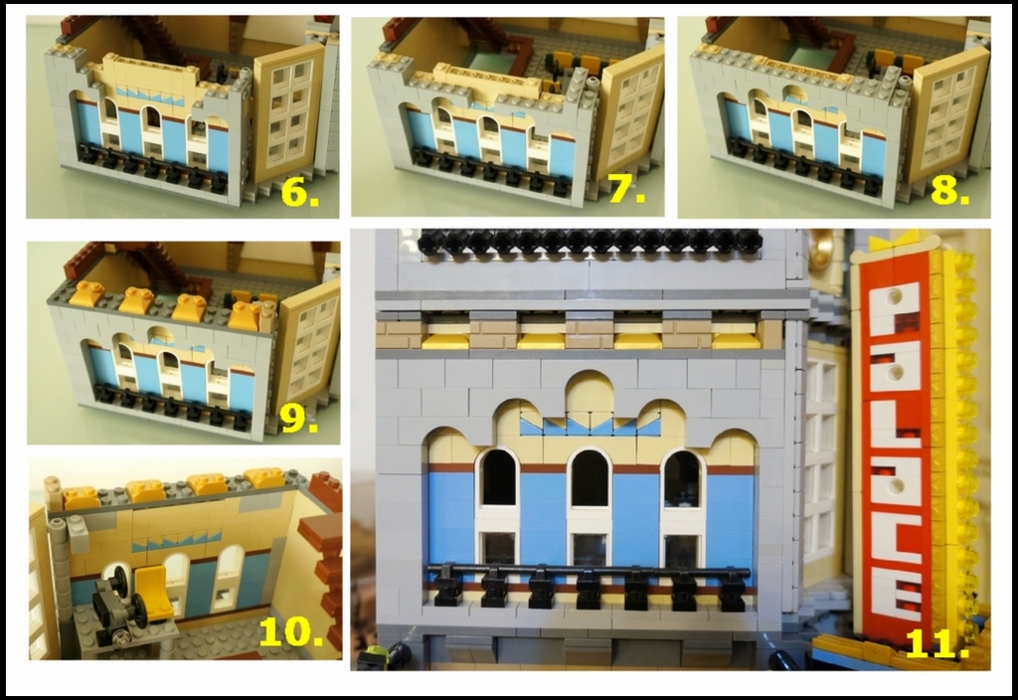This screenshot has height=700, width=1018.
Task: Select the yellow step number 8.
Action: [x=949, y=189]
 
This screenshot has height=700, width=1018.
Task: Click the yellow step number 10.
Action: [x=291, y=630]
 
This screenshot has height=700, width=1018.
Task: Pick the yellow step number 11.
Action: [x=935, y=643]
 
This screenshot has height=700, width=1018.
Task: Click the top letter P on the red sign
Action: [x=895, y=308]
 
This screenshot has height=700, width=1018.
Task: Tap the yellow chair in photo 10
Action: [x=156, y=591]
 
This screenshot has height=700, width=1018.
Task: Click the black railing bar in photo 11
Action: [x=589, y=571]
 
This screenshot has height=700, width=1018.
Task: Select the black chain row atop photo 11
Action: [x=590, y=242]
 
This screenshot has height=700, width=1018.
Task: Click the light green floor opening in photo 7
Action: [x=491, y=63]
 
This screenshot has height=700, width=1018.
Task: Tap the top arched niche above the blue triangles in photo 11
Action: [x=589, y=392]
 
